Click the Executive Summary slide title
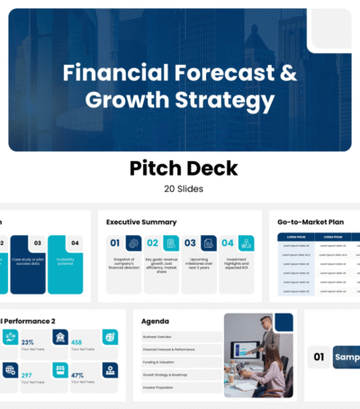pos(141,222)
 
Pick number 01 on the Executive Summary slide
pos(115,243)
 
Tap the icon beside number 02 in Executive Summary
pos(170,243)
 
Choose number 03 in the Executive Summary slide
pos(190,243)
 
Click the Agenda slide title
pos(154,320)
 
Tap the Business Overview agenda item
pos(162,336)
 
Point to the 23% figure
pos(28,342)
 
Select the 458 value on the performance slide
pos(77,342)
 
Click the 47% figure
pos(77,375)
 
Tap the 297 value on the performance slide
pos(28,375)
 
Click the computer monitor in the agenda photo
pos(242,350)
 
